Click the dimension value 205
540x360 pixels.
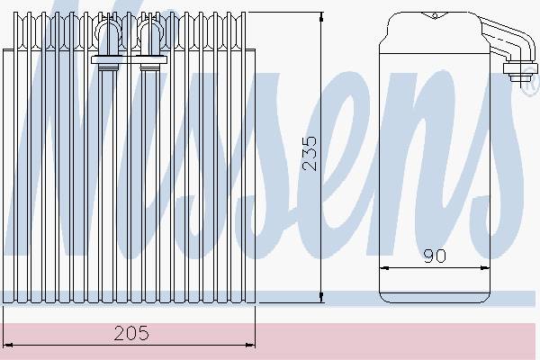(x=131, y=333)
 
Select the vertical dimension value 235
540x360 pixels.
(x=309, y=154)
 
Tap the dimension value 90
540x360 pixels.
(x=435, y=256)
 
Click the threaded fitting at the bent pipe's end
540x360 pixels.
(x=516, y=68)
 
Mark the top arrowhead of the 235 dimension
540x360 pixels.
(x=321, y=17)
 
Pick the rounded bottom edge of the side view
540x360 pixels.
(x=434, y=299)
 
